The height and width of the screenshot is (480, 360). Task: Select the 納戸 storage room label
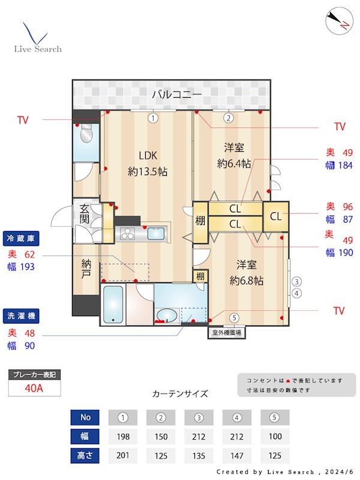86,268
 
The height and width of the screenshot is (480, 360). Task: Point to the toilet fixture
85,136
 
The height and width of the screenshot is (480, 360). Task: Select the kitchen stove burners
129,233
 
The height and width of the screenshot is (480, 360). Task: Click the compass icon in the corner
338,21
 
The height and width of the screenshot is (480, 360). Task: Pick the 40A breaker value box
34,388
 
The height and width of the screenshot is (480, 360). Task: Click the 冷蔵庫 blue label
21,238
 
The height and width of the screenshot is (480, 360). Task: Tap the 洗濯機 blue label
21,315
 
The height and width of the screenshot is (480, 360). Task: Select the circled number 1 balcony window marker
154,118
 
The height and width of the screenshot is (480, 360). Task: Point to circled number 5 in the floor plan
234,317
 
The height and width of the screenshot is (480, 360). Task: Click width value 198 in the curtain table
124,437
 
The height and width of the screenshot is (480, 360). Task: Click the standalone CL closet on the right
275,216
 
